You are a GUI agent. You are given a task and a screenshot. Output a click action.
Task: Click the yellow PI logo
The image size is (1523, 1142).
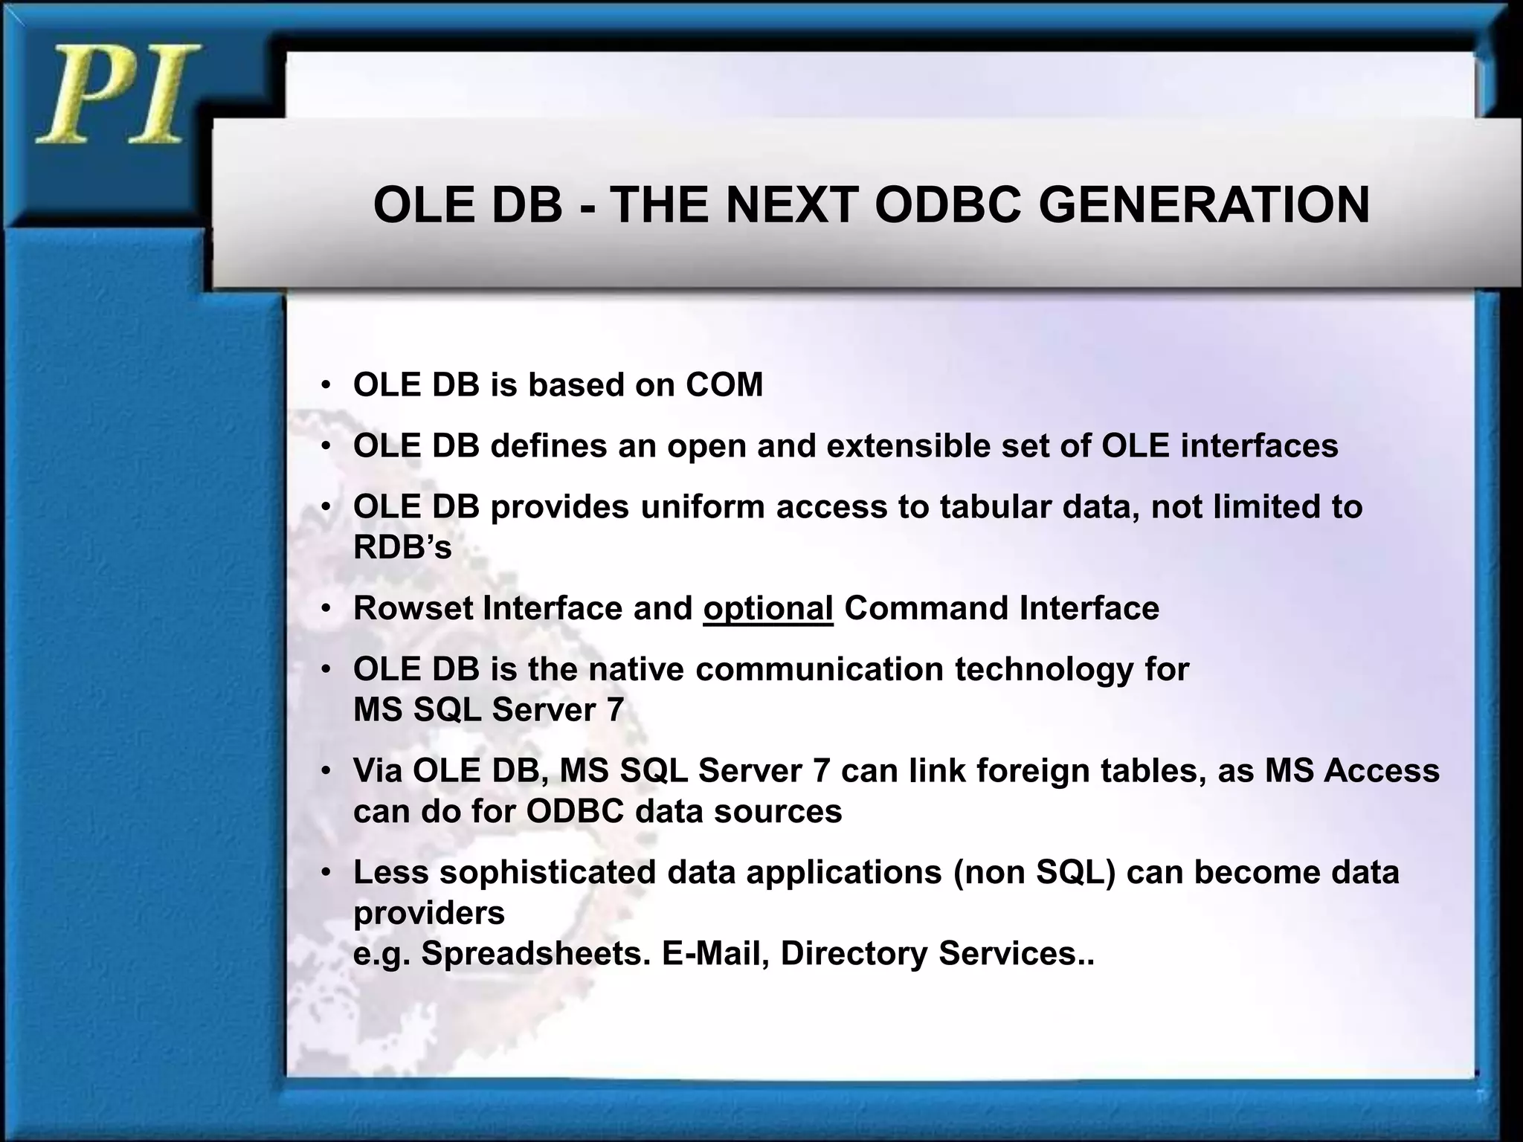[117, 94]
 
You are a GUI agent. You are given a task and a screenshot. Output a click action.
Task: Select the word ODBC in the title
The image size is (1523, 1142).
[949, 204]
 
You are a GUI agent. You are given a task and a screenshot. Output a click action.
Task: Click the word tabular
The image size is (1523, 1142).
[995, 507]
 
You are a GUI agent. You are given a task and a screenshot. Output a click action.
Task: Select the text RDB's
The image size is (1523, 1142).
[402, 548]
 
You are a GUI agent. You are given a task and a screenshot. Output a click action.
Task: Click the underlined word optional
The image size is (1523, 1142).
[767, 608]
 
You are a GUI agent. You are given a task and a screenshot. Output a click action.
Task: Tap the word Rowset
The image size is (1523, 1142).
[413, 608]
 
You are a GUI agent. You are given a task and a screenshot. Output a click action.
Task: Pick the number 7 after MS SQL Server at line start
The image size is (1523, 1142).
[615, 710]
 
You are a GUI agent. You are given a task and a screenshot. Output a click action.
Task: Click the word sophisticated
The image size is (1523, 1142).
[547, 872]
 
